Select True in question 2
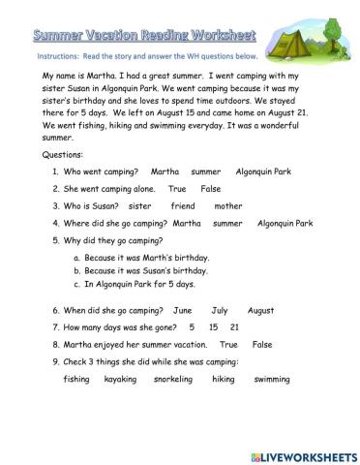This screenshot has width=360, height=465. (177, 189)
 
